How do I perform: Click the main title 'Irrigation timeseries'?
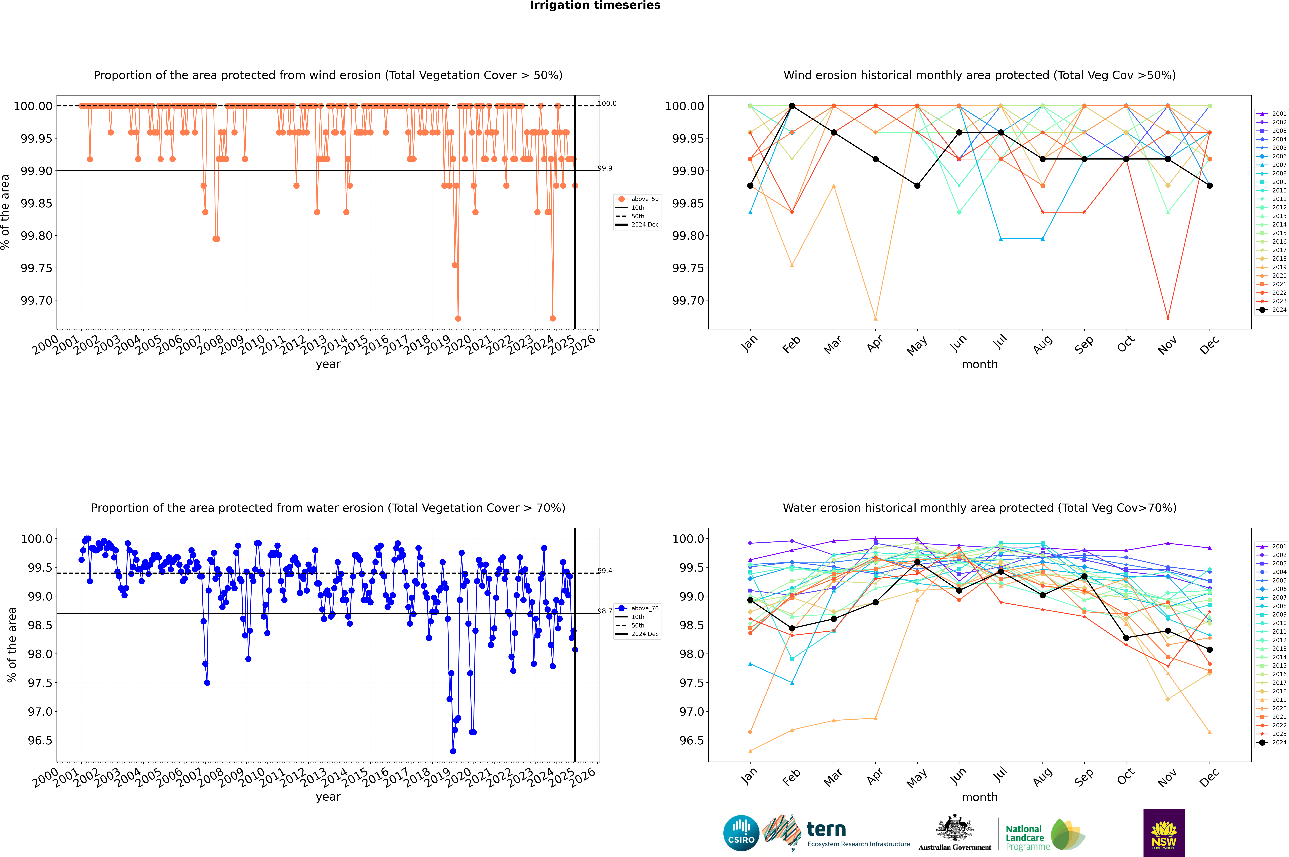tap(595, 5)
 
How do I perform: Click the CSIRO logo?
tap(741, 833)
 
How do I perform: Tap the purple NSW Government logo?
tap(1164, 833)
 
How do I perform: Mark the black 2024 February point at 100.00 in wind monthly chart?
tap(792, 106)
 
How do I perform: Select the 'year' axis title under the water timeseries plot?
tap(328, 797)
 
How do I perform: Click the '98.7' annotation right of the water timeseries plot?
tap(605, 611)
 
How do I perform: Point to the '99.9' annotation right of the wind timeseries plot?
tap(605, 168)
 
